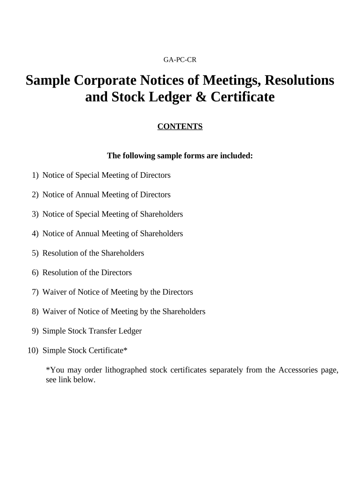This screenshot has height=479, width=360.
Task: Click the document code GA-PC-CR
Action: click(180, 59)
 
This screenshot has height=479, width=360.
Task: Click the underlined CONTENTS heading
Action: click(180, 126)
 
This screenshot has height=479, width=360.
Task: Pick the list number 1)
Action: click(35, 175)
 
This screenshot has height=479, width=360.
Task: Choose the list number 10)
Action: click(34, 350)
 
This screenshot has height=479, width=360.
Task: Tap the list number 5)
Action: click(35, 253)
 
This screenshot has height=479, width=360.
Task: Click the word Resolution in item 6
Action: click(61, 273)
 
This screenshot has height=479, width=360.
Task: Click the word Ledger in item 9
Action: click(130, 331)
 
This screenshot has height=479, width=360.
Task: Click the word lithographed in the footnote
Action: click(125, 370)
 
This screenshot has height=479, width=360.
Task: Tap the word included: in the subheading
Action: click(237, 156)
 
